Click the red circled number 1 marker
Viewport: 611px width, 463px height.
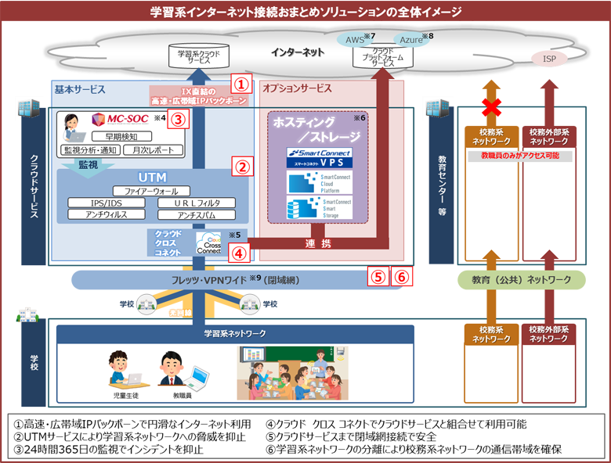point(243,83)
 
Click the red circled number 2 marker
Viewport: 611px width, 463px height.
point(243,167)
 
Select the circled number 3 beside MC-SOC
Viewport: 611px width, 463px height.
point(179,120)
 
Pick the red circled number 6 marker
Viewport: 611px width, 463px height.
point(401,276)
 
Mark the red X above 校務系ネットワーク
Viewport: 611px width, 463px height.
point(491,107)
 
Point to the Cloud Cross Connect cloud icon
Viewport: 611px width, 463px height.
point(209,243)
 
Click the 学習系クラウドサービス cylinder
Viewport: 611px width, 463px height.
point(199,56)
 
